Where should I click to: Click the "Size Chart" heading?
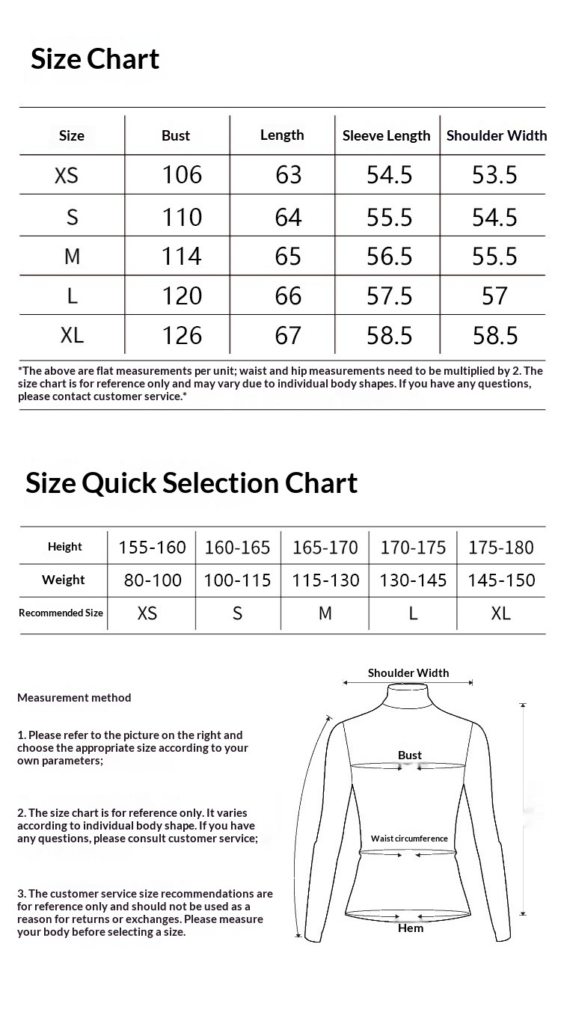[95, 59]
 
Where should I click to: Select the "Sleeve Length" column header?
[386, 136]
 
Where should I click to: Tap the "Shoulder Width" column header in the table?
[497, 135]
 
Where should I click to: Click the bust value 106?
[182, 175]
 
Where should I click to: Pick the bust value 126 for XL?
[182, 335]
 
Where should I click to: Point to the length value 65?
[288, 257]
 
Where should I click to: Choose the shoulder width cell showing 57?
[494, 296]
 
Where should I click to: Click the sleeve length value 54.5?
[389, 175]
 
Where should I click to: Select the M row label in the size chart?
[72, 257]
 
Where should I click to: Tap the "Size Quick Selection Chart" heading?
[191, 483]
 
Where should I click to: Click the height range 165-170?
[325, 548]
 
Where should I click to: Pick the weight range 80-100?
[153, 580]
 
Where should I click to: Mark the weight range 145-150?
[501, 580]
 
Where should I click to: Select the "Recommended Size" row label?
[61, 613]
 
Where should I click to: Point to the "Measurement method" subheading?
[74, 698]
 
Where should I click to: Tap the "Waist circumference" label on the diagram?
[409, 839]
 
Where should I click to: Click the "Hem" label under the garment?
[411, 928]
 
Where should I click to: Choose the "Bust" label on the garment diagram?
[410, 755]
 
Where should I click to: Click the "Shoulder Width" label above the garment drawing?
[408, 673]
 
